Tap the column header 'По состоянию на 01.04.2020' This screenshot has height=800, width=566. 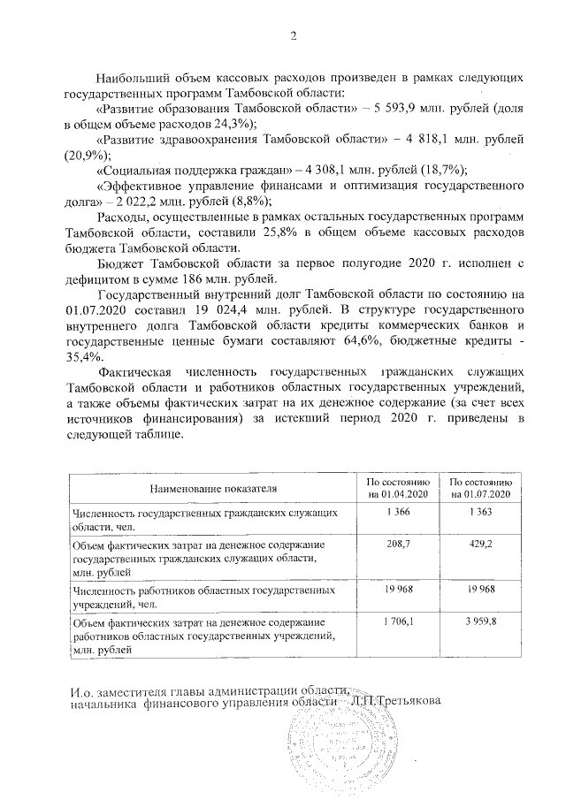pos(399,487)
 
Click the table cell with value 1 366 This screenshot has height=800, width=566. pos(399,514)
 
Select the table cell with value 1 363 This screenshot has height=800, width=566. pos(478,514)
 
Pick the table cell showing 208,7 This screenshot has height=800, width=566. pos(399,549)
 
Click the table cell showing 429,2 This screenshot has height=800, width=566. pos(478,549)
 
